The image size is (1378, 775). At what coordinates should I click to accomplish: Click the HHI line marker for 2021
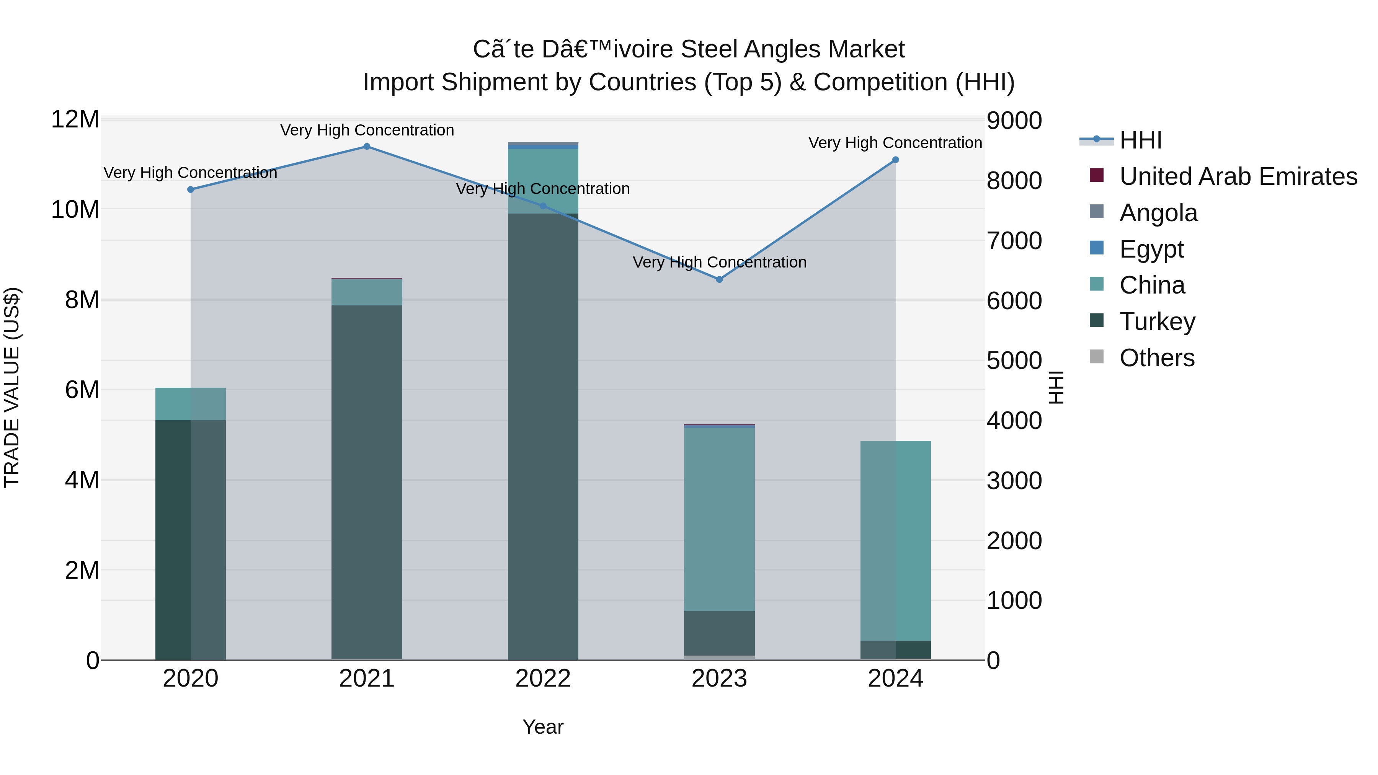[367, 147]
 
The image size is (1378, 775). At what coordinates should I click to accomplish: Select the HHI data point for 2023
[720, 280]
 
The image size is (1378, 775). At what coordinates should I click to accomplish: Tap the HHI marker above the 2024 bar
[895, 160]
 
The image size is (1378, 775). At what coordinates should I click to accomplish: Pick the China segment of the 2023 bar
[720, 519]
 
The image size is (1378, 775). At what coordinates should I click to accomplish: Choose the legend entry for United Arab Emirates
[1238, 176]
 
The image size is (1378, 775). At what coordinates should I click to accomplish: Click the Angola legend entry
[1158, 213]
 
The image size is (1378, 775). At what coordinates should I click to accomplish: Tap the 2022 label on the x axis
[543, 679]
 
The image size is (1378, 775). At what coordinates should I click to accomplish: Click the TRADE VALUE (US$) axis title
[12, 388]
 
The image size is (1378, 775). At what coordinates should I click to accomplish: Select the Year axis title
[543, 727]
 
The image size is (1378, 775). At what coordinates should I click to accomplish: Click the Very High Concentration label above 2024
[895, 143]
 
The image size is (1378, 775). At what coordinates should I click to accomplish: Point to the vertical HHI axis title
[1056, 388]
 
